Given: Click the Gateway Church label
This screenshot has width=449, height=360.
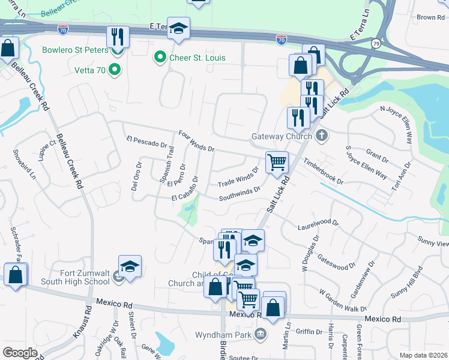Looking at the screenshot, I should click(x=282, y=136).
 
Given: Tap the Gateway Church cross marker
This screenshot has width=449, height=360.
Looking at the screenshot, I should click(x=322, y=135).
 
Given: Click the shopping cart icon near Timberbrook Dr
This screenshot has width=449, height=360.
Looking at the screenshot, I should click(x=277, y=161).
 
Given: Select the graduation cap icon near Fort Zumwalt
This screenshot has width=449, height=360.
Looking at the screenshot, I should click(x=130, y=266).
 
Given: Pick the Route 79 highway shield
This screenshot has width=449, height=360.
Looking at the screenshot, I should click(x=376, y=43).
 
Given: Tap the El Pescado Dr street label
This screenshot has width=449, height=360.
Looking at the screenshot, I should click(x=146, y=142).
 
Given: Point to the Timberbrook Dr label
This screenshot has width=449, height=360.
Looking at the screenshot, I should click(x=323, y=172).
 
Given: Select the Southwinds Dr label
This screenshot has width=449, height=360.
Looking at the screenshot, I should click(x=239, y=193).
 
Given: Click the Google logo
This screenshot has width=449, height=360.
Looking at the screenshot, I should click(x=20, y=353).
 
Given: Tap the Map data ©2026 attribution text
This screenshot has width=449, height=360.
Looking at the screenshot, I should click(x=423, y=355).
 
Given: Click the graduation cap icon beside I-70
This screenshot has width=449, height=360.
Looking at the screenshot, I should click(x=178, y=28).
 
